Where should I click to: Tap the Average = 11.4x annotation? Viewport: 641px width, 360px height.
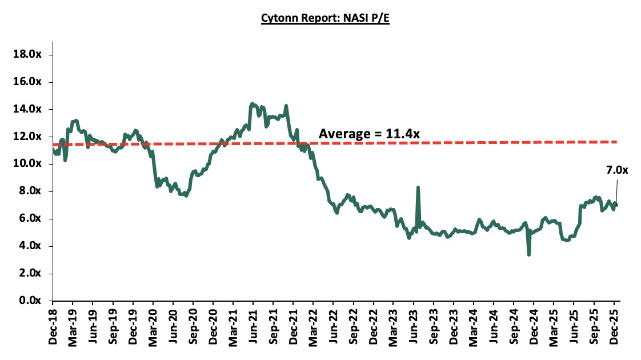[369, 134]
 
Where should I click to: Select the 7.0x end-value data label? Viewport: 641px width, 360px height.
[616, 170]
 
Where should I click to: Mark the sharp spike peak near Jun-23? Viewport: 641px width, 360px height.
[418, 187]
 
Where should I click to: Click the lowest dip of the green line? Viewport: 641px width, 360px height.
[528, 254]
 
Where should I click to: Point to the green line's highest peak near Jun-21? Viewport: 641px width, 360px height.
[252, 104]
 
